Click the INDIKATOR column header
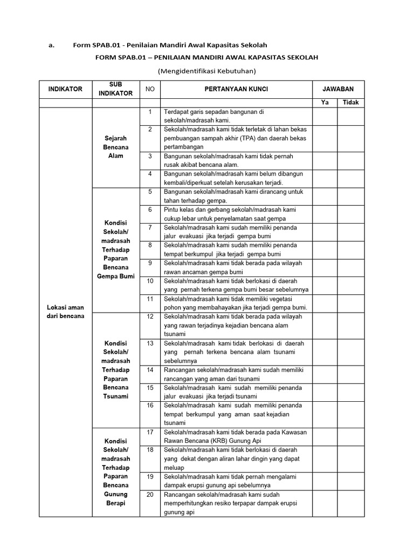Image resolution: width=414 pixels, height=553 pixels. (x=65, y=89)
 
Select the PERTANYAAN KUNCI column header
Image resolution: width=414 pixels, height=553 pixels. (x=236, y=89)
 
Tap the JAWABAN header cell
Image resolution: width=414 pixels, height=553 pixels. (x=338, y=89)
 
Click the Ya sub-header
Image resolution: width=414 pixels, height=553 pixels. (x=325, y=102)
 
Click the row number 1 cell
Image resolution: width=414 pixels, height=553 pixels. (x=150, y=112)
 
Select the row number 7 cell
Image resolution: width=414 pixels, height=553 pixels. (x=150, y=228)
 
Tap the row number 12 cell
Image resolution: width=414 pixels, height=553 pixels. (x=150, y=316)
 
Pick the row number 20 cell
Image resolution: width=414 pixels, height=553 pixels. (x=150, y=495)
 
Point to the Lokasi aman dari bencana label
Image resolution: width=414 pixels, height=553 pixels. (x=65, y=312)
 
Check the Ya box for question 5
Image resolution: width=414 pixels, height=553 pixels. (x=325, y=196)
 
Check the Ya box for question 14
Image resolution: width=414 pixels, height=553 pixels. (x=325, y=374)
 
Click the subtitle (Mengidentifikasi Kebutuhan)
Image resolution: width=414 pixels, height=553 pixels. (x=206, y=71)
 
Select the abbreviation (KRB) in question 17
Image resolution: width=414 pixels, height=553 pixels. (x=230, y=441)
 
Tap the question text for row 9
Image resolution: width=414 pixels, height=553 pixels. (x=233, y=267)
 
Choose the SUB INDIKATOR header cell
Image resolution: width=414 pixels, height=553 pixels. (x=116, y=89)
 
